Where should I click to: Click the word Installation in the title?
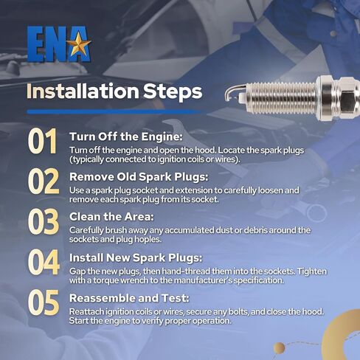pyautogui.click(x=83, y=91)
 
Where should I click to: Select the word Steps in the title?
pyautogui.click(x=173, y=92)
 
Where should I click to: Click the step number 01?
pyautogui.click(x=42, y=142)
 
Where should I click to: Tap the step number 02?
pyautogui.click(x=44, y=181)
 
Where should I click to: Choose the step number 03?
pyautogui.click(x=44, y=221)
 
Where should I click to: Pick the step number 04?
pyautogui.click(x=44, y=262)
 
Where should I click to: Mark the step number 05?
pyautogui.click(x=44, y=302)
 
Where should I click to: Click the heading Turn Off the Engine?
pyautogui.click(x=126, y=136)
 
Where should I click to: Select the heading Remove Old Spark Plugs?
pyautogui.click(x=139, y=177)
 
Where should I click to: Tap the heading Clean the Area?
pyautogui.click(x=111, y=217)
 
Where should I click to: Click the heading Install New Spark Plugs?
pyautogui.click(x=136, y=258)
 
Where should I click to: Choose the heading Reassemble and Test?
pyautogui.click(x=129, y=298)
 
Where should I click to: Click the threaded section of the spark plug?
pyautogui.click(x=281, y=98)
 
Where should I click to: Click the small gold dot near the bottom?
pyautogui.click(x=279, y=348)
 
